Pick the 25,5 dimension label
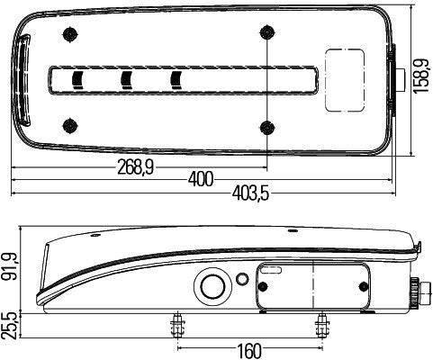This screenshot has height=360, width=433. click(x=12, y=325)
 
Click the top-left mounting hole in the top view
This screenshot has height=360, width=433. click(x=69, y=35)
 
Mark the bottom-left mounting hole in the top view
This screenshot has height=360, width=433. click(x=69, y=124)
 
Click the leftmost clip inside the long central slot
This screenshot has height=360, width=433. click(x=78, y=79)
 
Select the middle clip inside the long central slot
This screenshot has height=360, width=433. click(x=127, y=79)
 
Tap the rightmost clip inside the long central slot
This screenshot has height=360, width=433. click(x=176, y=79)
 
